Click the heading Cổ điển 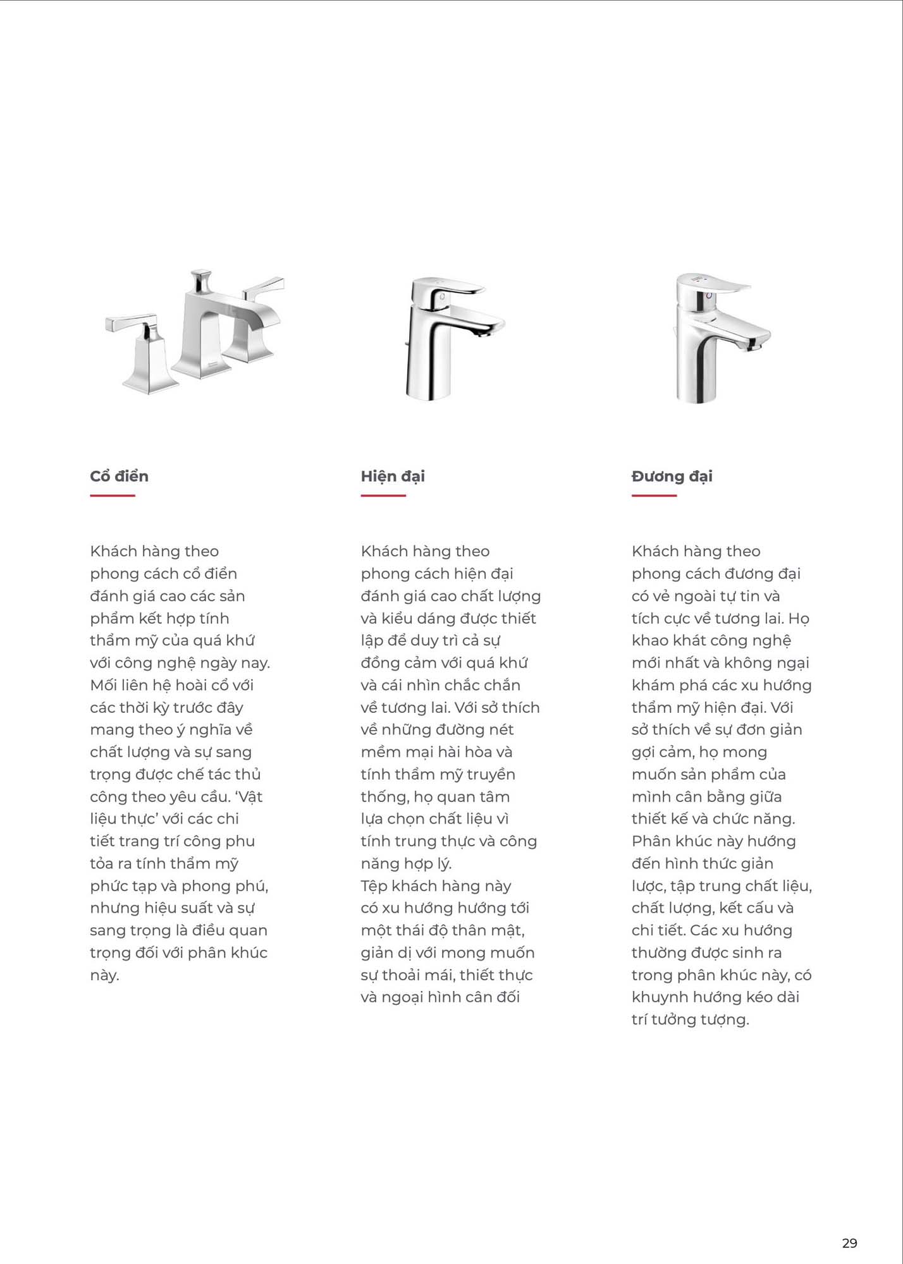[119, 476]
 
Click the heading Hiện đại [393, 476]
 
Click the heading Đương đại [672, 476]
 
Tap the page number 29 [849, 1243]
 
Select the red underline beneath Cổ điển [113, 495]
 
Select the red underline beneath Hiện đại [383, 495]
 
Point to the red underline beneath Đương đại [654, 495]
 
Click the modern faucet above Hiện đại [452, 338]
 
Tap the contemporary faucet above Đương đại [718, 338]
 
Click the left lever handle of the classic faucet [131, 322]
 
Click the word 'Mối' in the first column [103, 685]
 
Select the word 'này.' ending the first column [104, 975]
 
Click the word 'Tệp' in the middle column [374, 886]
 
